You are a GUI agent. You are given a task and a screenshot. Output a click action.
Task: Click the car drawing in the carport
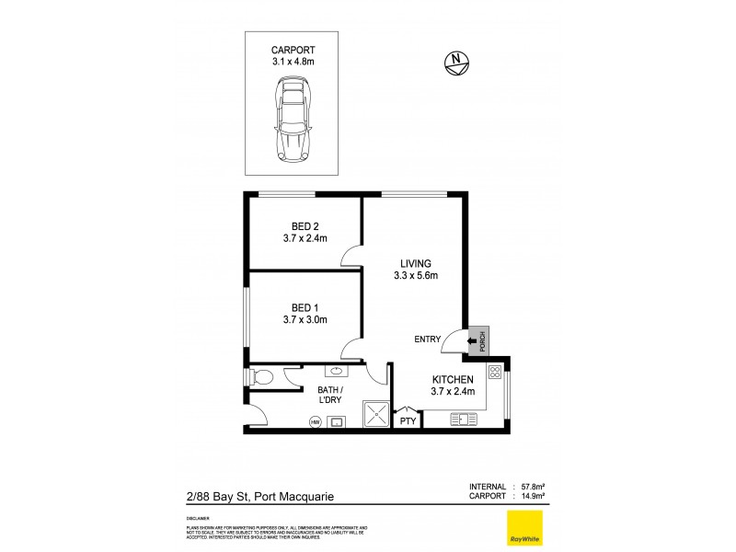[x=292, y=121]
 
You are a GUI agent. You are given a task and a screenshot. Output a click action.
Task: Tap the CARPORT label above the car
[x=292, y=50]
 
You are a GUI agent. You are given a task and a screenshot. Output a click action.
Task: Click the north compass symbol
[x=455, y=62]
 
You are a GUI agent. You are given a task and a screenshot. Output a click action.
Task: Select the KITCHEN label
[x=453, y=379]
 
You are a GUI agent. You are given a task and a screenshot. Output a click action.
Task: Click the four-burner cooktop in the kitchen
[x=494, y=374]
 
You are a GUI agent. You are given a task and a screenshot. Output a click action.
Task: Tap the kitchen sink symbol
[x=463, y=420]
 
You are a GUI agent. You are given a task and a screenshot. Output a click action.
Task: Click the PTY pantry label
[x=406, y=421]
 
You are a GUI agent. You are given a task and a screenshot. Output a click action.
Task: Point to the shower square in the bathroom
[x=375, y=415]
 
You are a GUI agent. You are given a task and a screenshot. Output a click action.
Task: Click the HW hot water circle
[x=315, y=422]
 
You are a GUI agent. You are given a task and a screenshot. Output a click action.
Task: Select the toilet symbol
[x=260, y=377]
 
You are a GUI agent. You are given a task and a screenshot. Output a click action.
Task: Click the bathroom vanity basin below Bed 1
[x=334, y=372]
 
